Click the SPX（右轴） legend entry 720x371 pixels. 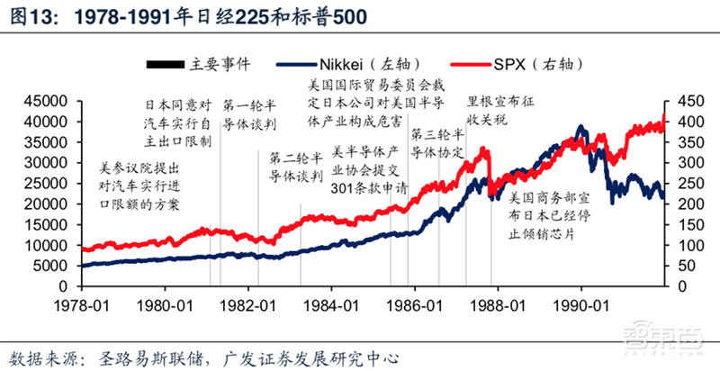(536, 64)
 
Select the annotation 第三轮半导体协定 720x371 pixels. (436, 143)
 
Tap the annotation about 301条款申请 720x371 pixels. (370, 169)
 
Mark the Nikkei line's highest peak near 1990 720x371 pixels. (581, 127)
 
